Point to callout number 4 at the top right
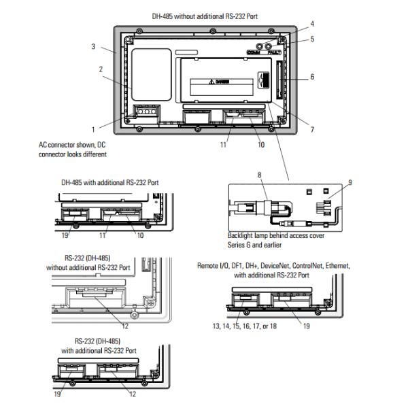pyautogui.click(x=312, y=24)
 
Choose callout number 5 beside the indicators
pyautogui.click(x=312, y=39)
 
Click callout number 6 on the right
pyautogui.click(x=312, y=77)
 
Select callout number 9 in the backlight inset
pyautogui.click(x=350, y=182)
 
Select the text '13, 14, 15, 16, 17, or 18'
pyautogui.click(x=245, y=326)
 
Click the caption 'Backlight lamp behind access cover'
pyautogui.click(x=276, y=235)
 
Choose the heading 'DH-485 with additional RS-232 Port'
pyautogui.click(x=110, y=183)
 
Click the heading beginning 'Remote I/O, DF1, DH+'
pyautogui.click(x=274, y=266)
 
